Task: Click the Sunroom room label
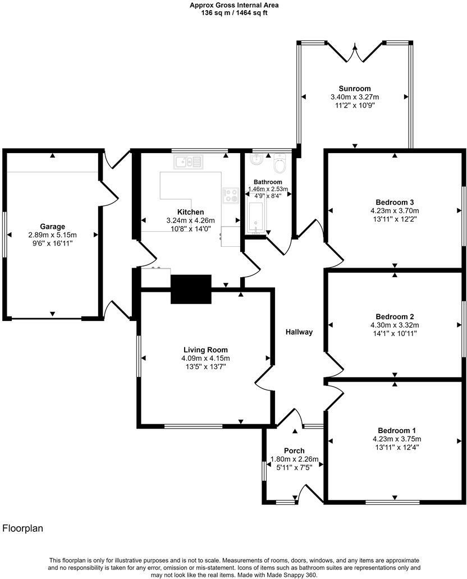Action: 355,89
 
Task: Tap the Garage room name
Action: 52,227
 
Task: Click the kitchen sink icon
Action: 188,162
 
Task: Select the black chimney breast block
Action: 191,289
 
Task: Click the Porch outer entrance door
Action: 308,492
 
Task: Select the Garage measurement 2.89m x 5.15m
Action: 52,235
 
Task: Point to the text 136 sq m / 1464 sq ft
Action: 233,13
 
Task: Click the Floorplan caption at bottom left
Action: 23,529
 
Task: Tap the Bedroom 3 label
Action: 395,202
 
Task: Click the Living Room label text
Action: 205,350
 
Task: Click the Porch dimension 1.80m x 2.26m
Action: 294,459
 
